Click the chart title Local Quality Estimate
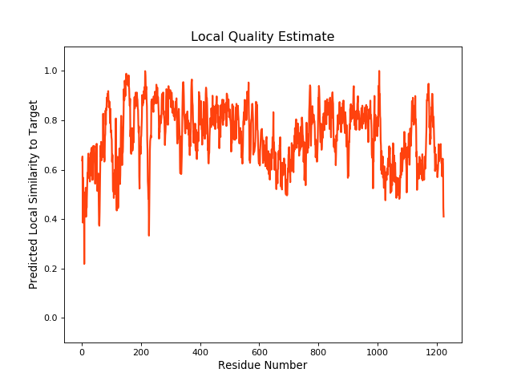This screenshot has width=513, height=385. [x=262, y=37]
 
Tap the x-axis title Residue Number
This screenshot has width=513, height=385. [x=262, y=366]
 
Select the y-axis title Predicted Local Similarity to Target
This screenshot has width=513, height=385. [x=34, y=194]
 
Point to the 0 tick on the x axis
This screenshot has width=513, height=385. [x=82, y=351]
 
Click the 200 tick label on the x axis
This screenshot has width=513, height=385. [x=141, y=351]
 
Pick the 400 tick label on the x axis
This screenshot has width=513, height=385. [x=200, y=351]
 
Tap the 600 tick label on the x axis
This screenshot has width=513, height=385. [x=259, y=351]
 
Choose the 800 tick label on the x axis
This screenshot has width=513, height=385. [x=318, y=351]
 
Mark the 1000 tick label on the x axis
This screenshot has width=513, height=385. [x=378, y=351]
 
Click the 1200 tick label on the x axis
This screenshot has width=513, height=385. [x=437, y=351]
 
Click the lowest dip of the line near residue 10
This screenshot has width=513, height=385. [x=84, y=263]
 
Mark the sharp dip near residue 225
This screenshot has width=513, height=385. [x=148, y=235]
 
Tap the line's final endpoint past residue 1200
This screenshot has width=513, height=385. [x=443, y=217]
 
